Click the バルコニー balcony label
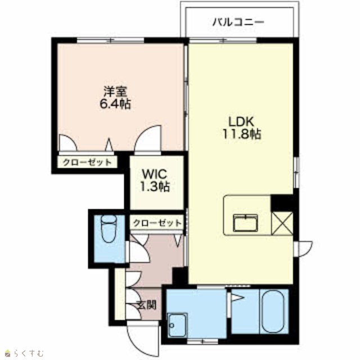click(x=238, y=22)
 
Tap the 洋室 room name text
click(x=115, y=92)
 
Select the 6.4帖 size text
click(x=115, y=104)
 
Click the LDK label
click(x=241, y=121)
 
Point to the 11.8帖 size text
click(x=241, y=134)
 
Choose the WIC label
click(x=155, y=174)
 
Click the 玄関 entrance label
click(x=146, y=305)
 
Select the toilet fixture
click(x=109, y=229)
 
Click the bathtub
click(x=273, y=311)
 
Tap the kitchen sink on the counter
click(x=245, y=223)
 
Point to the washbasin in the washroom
click(x=177, y=325)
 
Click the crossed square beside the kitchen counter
click(x=282, y=224)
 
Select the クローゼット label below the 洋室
click(x=87, y=163)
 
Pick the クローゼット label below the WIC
click(x=157, y=223)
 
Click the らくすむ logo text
click(x=29, y=353)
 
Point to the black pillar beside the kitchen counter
click(x=282, y=203)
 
